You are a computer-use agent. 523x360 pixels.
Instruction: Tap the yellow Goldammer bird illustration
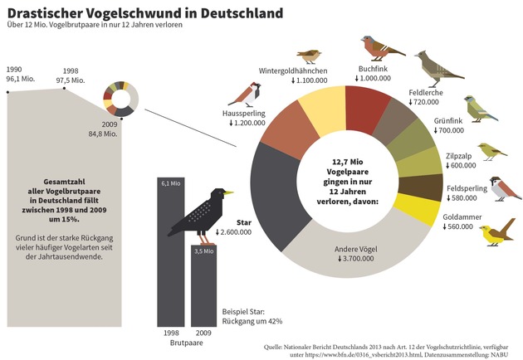[497, 234]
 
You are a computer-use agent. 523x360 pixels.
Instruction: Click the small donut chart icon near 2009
[120, 99]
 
